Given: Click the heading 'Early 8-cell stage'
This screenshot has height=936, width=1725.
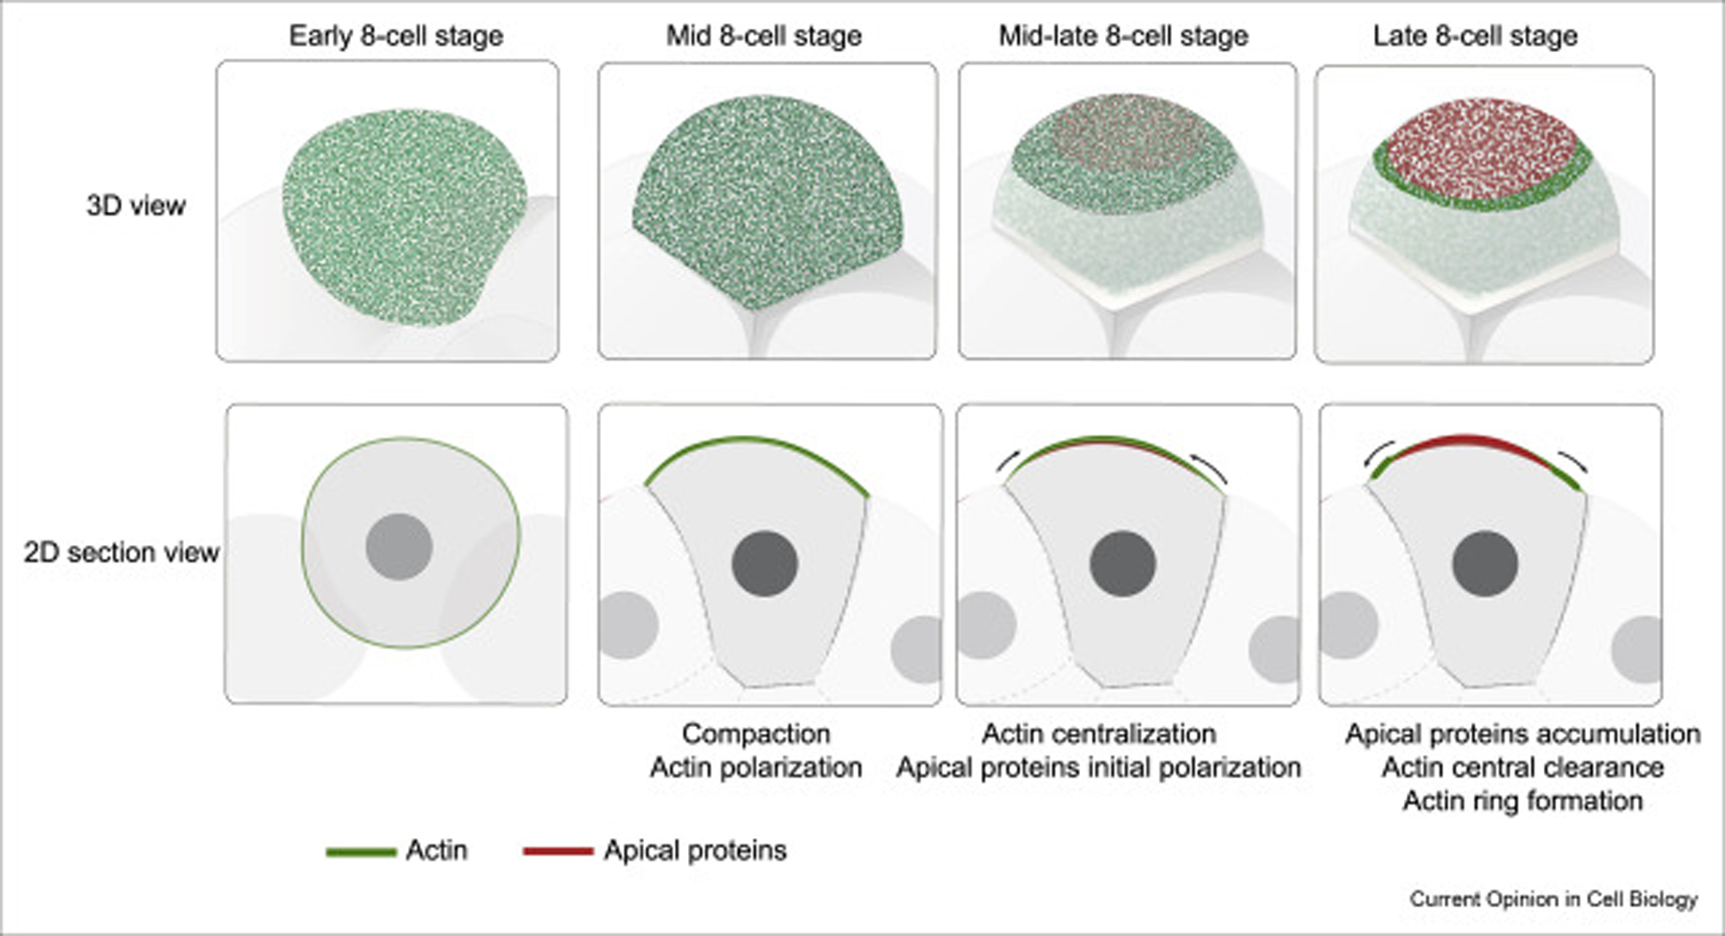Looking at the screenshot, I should [x=396, y=36].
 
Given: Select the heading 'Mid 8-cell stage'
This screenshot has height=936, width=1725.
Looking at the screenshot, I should [x=764, y=36].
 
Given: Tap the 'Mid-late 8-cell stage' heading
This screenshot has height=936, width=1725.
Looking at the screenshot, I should [x=1123, y=36].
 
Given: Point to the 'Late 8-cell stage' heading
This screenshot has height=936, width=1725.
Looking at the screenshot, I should [x=1475, y=36].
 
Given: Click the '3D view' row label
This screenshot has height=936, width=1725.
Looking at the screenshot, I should [x=136, y=206].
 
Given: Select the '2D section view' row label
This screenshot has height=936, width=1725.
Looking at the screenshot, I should [x=122, y=553].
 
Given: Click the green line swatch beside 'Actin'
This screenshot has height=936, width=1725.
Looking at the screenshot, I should [x=360, y=852].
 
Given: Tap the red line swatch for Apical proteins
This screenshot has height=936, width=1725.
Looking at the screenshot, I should [x=558, y=852].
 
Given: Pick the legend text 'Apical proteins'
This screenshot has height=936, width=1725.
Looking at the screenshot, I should [x=695, y=851].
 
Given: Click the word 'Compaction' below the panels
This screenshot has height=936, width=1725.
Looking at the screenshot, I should [x=756, y=734].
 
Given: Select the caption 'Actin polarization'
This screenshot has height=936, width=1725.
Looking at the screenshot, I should [x=756, y=767].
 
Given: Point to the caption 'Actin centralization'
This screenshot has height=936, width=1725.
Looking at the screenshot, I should [x=1099, y=734].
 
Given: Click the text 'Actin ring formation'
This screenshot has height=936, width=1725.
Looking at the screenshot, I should [x=1523, y=801].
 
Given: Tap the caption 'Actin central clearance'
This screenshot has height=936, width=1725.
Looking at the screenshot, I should [x=1523, y=767].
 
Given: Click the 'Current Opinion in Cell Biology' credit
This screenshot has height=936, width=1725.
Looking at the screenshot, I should [x=1552, y=900].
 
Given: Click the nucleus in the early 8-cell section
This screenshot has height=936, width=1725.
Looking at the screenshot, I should [x=399, y=547].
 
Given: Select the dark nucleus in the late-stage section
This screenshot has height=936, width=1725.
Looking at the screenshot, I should [x=1484, y=564].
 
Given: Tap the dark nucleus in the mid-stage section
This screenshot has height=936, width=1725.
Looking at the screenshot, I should [x=765, y=564].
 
